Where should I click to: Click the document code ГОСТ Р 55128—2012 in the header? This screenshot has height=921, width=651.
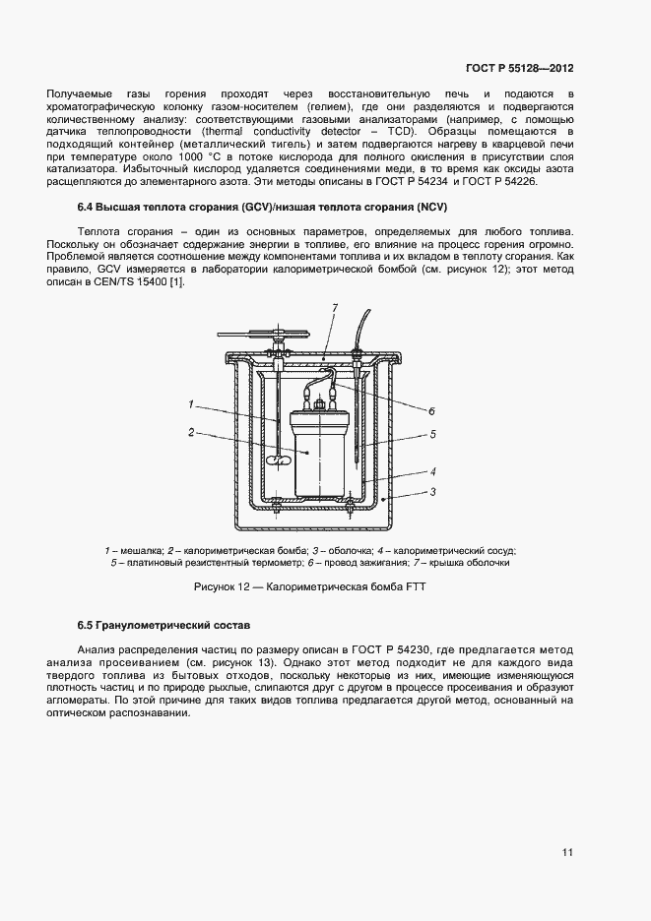coord(519,69)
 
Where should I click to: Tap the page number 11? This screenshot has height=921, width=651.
coord(568,852)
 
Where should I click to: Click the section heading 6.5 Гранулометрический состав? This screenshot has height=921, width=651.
coord(164,626)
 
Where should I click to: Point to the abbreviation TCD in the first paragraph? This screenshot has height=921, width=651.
coord(400,131)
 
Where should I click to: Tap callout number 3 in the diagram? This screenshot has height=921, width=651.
coord(431,491)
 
